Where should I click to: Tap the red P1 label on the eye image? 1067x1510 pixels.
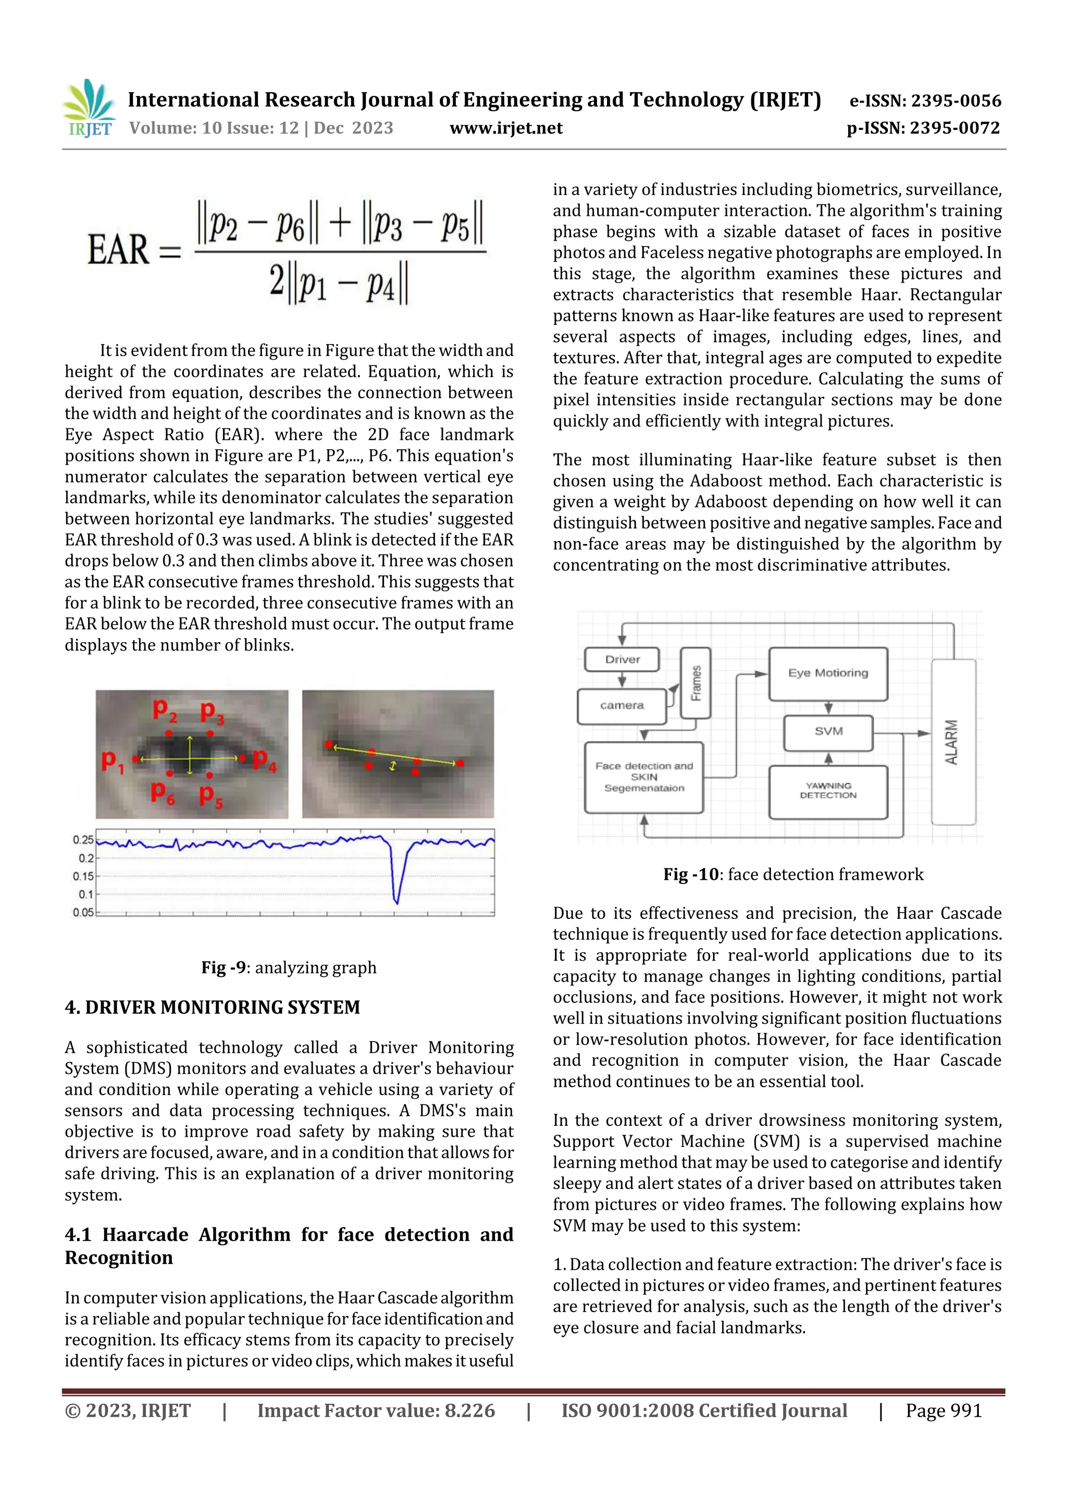click(x=112, y=761)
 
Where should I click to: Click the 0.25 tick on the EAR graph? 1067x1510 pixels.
click(x=83, y=840)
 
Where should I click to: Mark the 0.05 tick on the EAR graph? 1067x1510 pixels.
click(x=83, y=912)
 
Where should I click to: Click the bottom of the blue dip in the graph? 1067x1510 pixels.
click(x=396, y=902)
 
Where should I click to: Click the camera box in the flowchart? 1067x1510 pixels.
click(x=621, y=706)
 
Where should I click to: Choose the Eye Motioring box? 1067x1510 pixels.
click(x=828, y=673)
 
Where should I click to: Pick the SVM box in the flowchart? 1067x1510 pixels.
click(x=828, y=731)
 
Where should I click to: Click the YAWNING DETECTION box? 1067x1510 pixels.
click(x=828, y=791)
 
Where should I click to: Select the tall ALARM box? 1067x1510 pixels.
click(x=952, y=742)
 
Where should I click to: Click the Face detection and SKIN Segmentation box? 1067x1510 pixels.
click(x=643, y=777)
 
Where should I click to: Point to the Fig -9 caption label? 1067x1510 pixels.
click(x=224, y=967)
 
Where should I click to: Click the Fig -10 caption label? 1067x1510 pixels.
click(x=691, y=875)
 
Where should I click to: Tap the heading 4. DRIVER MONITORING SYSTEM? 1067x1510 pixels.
click(x=213, y=1008)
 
